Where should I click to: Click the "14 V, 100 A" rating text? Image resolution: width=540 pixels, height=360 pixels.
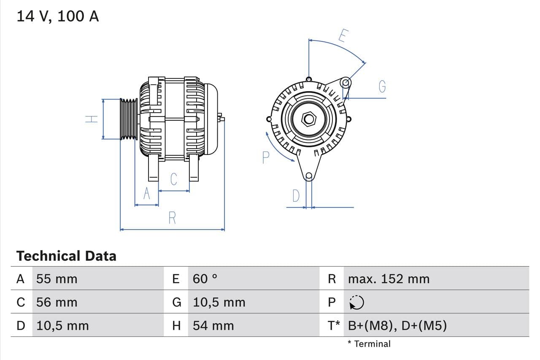tap(58, 16)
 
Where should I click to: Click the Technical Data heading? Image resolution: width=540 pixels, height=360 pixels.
tap(66, 256)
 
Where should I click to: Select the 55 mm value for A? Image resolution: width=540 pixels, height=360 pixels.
tap(57, 279)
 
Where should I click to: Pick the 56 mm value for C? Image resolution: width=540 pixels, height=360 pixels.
tap(57, 302)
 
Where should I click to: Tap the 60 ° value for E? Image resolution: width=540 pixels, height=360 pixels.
tap(205, 279)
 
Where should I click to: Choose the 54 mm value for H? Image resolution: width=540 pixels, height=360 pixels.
tap(213, 325)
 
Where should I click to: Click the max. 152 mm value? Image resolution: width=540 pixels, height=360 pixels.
tap(389, 279)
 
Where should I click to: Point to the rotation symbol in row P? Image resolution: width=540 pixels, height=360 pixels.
tap(357, 302)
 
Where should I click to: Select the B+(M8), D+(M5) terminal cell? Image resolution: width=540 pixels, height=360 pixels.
tap(397, 325)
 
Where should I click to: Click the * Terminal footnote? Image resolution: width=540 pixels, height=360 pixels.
tap(369, 344)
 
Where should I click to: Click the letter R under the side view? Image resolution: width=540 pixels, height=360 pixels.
tap(172, 218)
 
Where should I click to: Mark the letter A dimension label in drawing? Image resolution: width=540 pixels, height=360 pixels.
tap(146, 193)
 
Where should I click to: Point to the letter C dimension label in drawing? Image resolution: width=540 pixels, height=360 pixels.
tap(174, 179)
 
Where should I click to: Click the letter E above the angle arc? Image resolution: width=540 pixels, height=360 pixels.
tap(342, 36)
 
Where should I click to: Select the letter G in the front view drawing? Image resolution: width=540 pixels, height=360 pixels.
tap(382, 86)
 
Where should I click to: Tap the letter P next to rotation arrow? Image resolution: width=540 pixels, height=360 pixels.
tap(265, 157)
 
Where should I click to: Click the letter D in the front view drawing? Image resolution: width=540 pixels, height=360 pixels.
tap(296, 196)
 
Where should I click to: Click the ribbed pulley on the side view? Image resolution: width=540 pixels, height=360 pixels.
tap(129, 119)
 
